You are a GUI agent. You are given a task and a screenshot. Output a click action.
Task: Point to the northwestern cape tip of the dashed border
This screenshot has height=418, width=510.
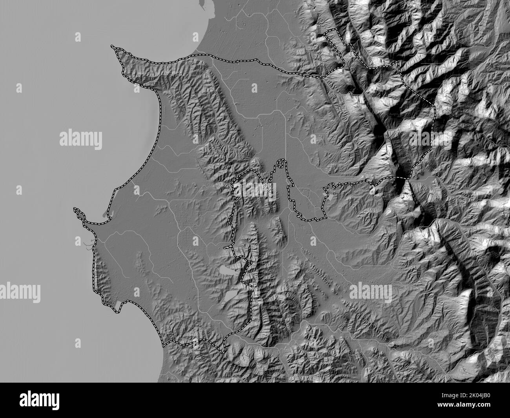pos(113,47)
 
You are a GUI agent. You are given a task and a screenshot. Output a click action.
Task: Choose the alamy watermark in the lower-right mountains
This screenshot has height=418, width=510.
pos(370,292)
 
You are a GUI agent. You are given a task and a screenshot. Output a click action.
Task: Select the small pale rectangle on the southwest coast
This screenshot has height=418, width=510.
pos(117,303)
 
